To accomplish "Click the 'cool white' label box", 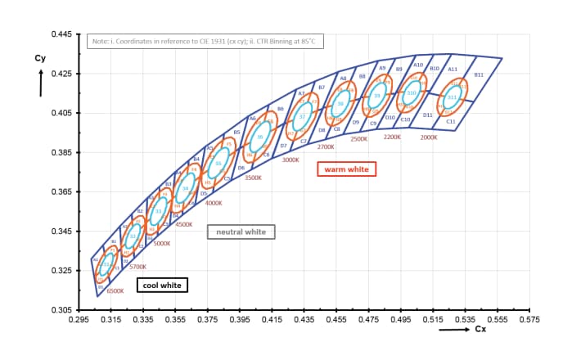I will click(162, 286).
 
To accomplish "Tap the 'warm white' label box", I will click(346, 169).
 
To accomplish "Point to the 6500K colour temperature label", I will click(115, 290).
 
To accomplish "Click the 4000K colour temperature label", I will click(214, 202).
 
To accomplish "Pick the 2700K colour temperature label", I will click(326, 146).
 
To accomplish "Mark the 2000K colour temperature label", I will click(429, 137).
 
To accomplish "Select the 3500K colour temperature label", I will click(253, 177).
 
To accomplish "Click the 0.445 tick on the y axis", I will click(62, 34).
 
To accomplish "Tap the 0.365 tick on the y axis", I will click(62, 191).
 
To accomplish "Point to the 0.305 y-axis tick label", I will click(62, 310).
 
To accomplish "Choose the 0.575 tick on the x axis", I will click(529, 319).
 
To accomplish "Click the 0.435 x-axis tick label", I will click(304, 319).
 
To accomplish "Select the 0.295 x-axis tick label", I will click(79, 319).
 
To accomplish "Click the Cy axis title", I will click(40, 59).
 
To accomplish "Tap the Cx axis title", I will click(482, 330).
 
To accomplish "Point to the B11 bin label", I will click(479, 74).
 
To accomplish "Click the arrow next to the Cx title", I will click(454, 330).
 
